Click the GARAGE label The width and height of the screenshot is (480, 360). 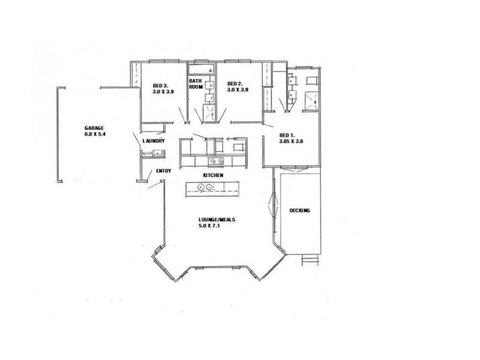[95, 128]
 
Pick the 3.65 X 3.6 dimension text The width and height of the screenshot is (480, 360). [293, 142]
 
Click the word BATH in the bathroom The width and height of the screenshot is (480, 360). [195, 80]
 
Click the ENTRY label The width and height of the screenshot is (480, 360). [163, 171]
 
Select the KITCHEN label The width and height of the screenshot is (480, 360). [213, 175]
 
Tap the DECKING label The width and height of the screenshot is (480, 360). [299, 210]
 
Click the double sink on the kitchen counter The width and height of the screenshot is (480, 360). [216, 161]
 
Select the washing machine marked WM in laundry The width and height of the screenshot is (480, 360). [147, 154]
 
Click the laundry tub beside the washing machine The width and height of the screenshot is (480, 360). [159, 154]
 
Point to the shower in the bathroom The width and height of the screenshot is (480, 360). [208, 112]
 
